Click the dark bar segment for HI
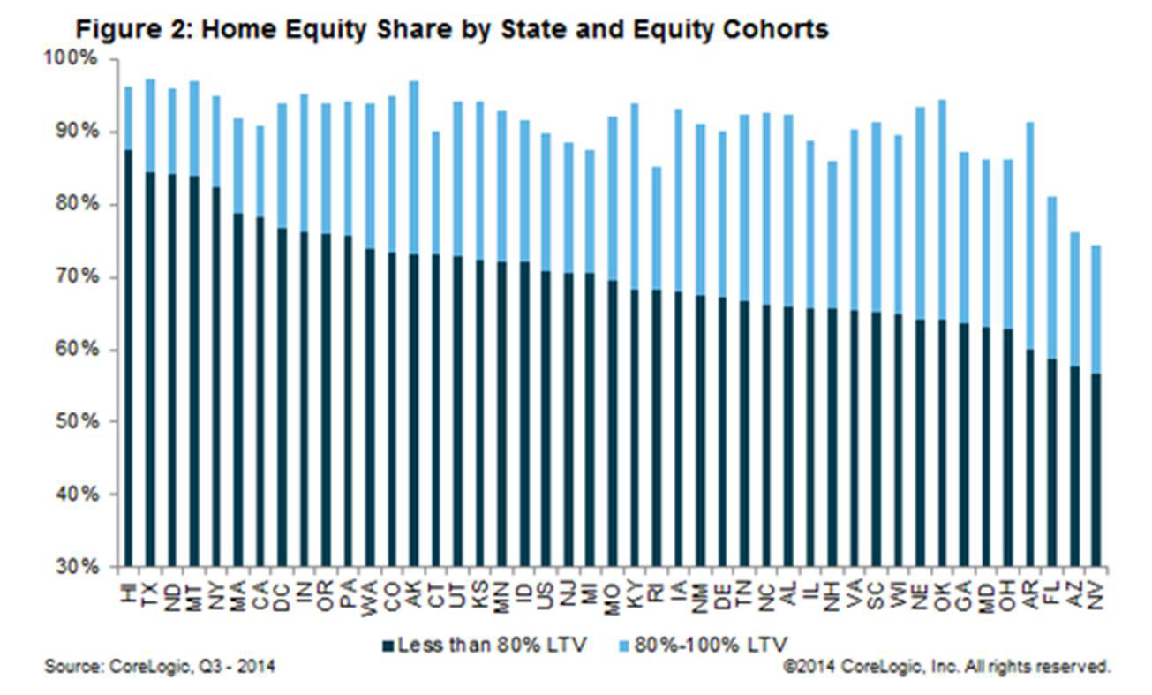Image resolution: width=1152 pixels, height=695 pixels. point(129,353)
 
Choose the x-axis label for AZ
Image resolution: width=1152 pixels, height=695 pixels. point(1074,589)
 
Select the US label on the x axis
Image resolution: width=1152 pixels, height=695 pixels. point(546,589)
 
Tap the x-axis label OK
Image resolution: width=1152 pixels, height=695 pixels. point(942,589)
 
